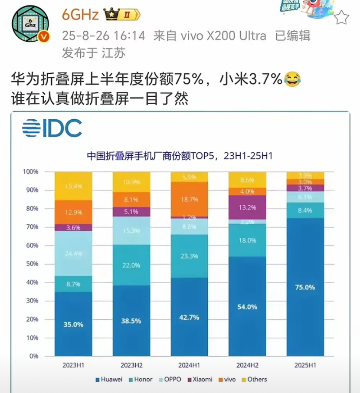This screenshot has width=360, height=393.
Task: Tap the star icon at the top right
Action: click(342, 18)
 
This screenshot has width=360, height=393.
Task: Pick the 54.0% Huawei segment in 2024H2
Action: click(247, 306)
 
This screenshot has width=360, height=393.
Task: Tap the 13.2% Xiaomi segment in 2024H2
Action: click(247, 207)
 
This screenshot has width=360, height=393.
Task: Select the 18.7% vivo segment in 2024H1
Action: click(189, 199)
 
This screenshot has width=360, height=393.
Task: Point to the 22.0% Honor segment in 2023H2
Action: click(131, 265)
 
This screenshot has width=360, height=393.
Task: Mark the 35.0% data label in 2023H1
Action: click(73, 323)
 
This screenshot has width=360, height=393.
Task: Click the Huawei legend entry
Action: click(108, 379)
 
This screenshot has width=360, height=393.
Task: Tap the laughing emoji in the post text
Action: click(291, 79)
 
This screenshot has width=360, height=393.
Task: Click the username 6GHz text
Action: click(81, 15)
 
